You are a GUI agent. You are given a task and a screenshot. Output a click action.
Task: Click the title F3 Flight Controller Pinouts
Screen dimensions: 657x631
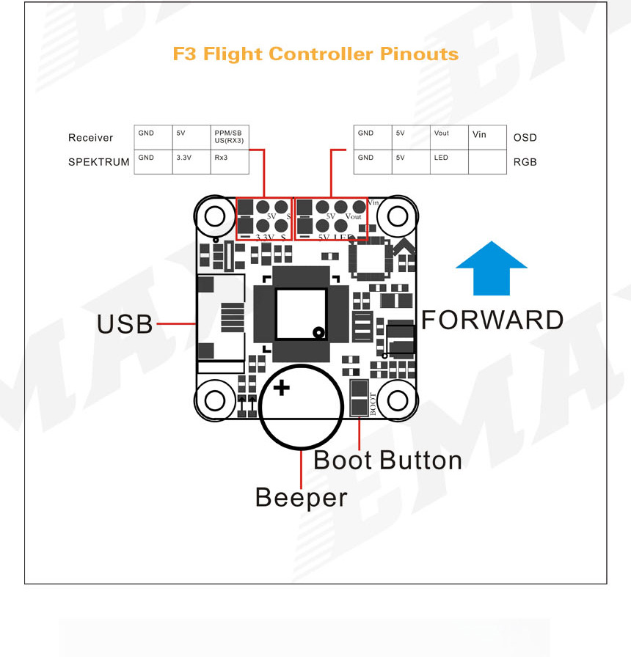(315, 54)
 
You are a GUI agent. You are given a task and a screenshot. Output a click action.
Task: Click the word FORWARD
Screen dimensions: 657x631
(492, 320)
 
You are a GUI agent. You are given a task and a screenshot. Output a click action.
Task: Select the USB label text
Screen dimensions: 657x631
(125, 323)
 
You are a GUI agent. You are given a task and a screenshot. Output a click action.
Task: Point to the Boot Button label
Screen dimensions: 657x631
(387, 460)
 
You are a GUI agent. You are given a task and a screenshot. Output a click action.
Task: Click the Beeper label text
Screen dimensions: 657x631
(301, 497)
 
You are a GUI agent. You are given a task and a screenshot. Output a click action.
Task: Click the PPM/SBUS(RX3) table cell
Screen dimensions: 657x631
(229, 137)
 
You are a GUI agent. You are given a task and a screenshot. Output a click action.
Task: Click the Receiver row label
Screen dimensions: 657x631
(91, 138)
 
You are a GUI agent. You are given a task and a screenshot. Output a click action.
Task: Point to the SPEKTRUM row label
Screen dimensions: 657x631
(98, 161)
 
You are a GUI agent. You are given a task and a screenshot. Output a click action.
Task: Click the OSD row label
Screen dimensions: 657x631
(525, 138)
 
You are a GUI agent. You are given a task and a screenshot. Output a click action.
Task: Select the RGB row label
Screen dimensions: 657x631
(525, 161)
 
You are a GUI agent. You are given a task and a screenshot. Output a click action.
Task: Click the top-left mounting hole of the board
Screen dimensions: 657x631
(214, 216)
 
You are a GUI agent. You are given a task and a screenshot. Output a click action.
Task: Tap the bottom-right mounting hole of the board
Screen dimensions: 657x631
(398, 400)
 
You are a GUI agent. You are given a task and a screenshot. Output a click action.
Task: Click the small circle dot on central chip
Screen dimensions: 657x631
(318, 332)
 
